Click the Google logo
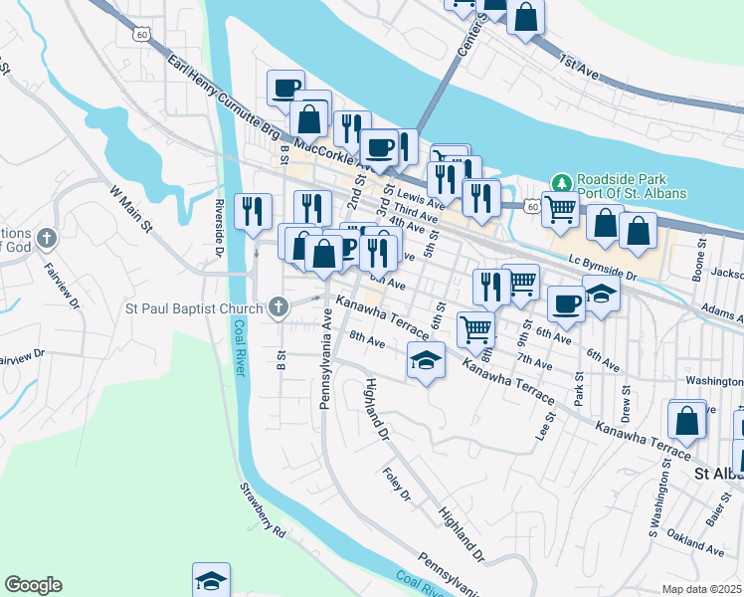pyautogui.click(x=33, y=585)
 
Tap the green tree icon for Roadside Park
pyautogui.click(x=561, y=182)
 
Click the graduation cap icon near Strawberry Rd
pyautogui.click(x=211, y=579)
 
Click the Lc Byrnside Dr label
pyautogui.click(x=603, y=261)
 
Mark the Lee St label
pyautogui.click(x=543, y=427)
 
